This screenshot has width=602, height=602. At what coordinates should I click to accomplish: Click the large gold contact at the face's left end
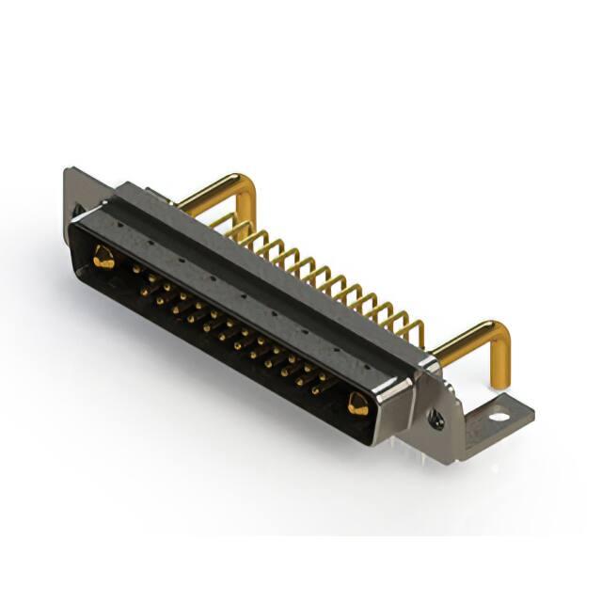click(103, 257)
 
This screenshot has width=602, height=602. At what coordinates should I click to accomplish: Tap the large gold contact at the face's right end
click(357, 404)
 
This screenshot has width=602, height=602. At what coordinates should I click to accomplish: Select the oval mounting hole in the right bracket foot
click(498, 414)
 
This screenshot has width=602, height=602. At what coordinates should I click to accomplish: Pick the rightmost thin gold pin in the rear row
click(416, 331)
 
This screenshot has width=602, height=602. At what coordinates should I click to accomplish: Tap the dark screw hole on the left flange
click(80, 209)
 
